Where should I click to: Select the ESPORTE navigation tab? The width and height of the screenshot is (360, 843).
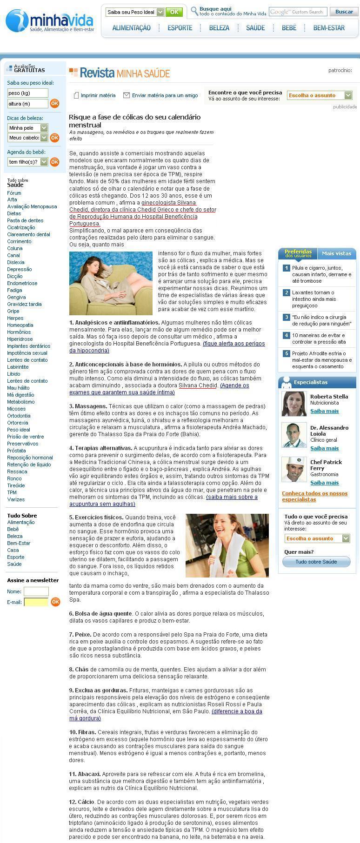[180, 28]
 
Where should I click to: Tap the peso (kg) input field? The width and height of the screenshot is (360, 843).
[27, 93]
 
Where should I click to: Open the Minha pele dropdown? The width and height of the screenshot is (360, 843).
[28, 128]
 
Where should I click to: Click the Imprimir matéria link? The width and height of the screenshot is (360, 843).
[98, 95]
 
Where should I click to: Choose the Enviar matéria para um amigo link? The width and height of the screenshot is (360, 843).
[165, 95]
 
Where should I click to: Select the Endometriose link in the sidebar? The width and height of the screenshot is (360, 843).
[22, 283]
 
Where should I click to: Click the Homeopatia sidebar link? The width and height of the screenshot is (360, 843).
[20, 325]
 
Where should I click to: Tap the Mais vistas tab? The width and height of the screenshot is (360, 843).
[336, 253]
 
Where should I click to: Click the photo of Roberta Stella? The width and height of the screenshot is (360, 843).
[294, 404]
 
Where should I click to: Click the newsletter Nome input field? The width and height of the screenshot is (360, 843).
[36, 591]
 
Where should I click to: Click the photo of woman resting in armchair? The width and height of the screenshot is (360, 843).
[111, 283]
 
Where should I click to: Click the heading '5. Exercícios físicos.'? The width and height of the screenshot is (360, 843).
[96, 517]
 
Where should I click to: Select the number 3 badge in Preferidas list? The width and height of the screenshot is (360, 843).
[287, 317]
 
